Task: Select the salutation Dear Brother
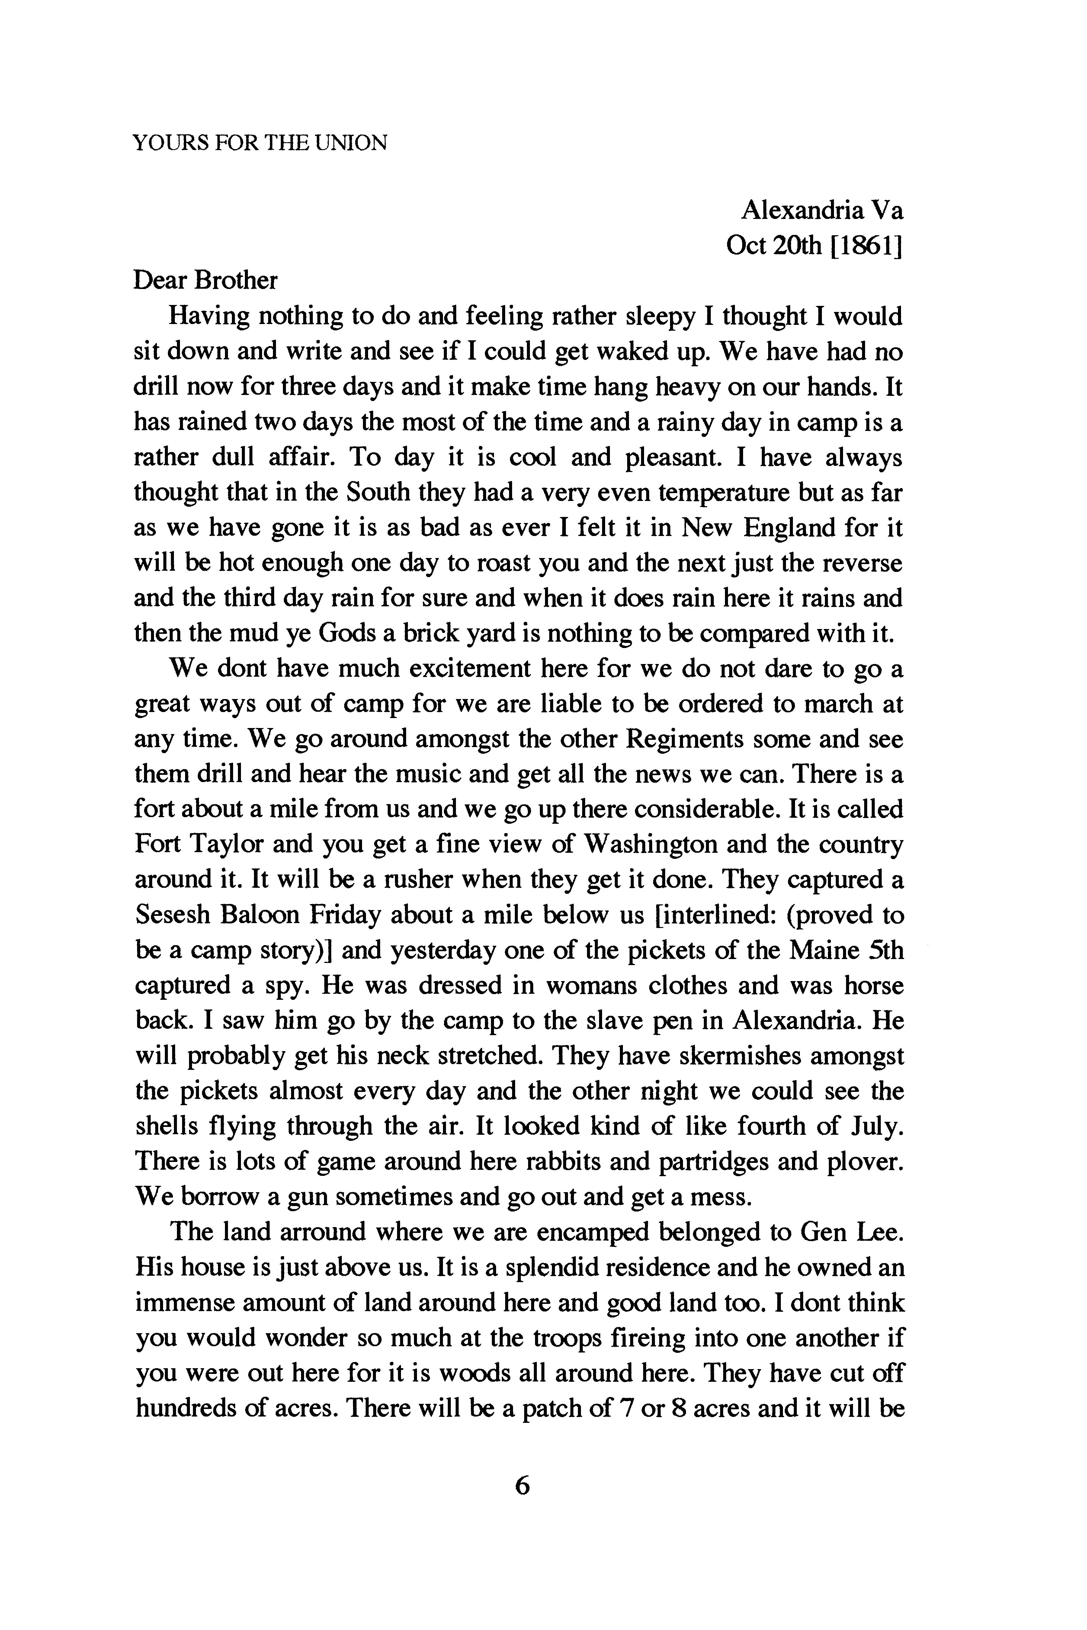click(x=205, y=280)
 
